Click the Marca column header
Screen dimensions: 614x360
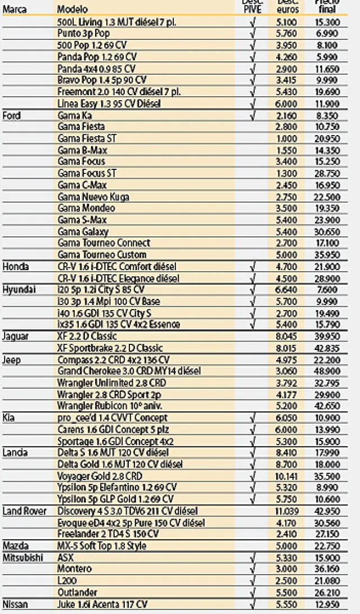click(x=15, y=10)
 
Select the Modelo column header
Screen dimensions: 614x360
click(x=73, y=10)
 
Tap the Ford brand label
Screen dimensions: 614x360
click(x=12, y=115)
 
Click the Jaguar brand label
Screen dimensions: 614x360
click(x=16, y=336)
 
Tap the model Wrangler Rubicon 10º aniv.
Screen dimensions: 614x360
click(x=102, y=406)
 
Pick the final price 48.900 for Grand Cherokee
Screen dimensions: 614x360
click(x=326, y=371)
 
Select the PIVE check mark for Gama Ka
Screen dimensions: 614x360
click(x=252, y=115)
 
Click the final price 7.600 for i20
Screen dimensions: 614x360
click(x=326, y=289)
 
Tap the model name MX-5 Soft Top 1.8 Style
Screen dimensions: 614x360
click(x=102, y=545)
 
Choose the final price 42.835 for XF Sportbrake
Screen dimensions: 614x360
click(x=326, y=348)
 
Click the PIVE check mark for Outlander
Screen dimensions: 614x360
click(x=252, y=592)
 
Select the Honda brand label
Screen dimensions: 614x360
click(x=15, y=266)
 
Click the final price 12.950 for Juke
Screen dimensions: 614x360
click(x=326, y=604)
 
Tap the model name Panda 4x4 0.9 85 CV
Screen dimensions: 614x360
click(x=96, y=69)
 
